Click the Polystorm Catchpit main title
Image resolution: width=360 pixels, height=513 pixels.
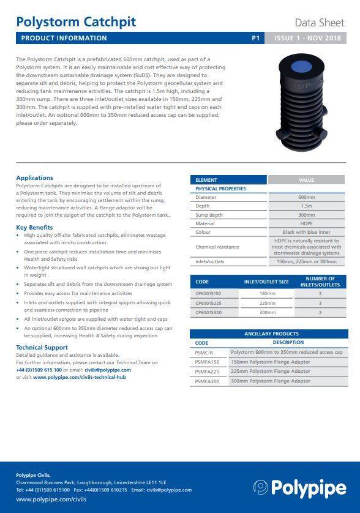click(76, 22)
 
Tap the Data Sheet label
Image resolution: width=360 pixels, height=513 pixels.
click(320, 23)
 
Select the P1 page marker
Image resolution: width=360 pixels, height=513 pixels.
click(256, 38)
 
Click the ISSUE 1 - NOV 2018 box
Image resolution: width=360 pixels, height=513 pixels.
click(307, 38)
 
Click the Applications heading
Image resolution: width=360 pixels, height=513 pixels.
click(34, 178)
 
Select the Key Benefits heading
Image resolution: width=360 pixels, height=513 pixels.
click(34, 228)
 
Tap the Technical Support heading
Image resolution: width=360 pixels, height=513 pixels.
click(42, 348)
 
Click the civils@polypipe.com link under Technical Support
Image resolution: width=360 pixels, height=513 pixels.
click(108, 370)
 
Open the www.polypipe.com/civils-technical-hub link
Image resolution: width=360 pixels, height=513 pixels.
click(79, 378)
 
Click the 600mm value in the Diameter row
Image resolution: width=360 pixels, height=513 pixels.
click(307, 198)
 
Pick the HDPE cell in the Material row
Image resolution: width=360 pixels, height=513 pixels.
click(307, 223)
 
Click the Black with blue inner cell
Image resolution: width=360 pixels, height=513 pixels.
click(307, 232)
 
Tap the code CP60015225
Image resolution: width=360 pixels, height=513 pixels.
click(209, 302)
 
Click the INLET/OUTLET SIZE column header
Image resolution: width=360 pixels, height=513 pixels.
click(266, 282)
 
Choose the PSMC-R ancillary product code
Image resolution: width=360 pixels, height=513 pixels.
click(204, 353)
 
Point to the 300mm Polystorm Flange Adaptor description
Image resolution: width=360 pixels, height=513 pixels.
click(270, 381)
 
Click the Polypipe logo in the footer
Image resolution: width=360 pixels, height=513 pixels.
click(300, 488)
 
